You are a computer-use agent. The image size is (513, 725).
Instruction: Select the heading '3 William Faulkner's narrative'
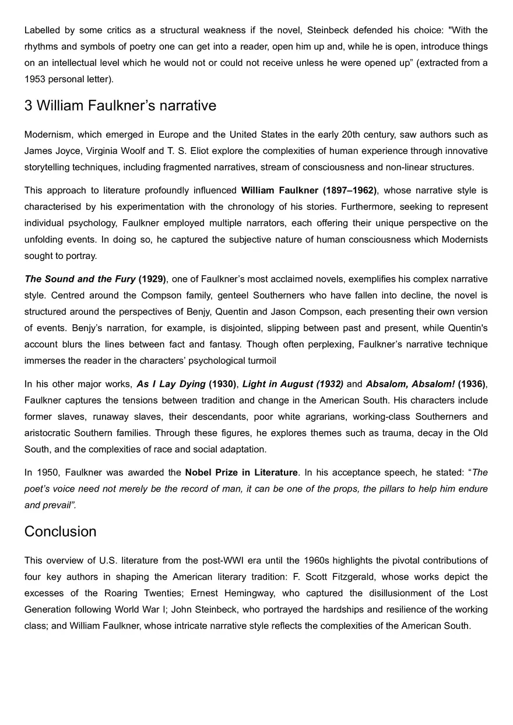point(120,106)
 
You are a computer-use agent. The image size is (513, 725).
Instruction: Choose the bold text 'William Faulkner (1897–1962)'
point(309,190)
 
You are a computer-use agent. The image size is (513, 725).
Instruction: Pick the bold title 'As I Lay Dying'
point(171,384)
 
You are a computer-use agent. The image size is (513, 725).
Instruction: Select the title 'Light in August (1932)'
point(293,384)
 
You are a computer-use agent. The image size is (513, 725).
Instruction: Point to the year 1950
point(48,472)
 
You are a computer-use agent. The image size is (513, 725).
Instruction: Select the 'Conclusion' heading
point(60,531)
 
